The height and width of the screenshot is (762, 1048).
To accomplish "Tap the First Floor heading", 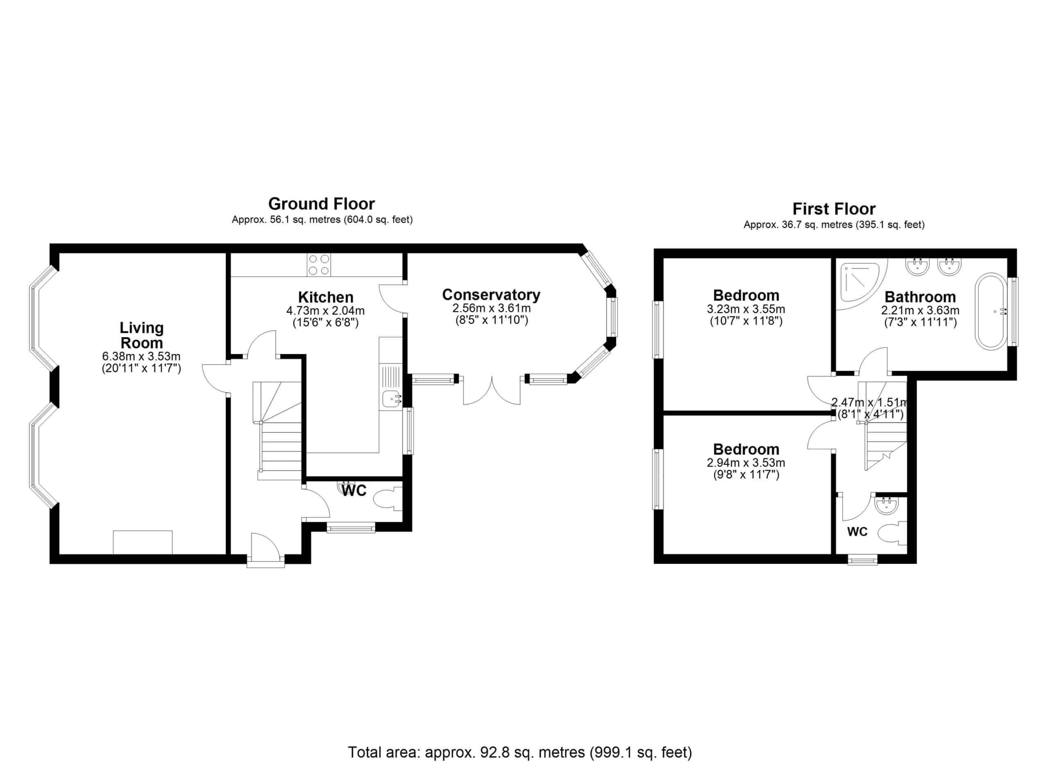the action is coord(833,209).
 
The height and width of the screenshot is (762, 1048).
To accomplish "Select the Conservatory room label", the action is coord(491,295).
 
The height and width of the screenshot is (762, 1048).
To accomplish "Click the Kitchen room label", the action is coord(326,297).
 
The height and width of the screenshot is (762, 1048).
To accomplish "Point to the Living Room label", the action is coord(141,335).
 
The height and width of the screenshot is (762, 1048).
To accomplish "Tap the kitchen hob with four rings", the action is coord(319,265).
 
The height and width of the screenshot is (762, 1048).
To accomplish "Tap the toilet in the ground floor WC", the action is coord(386,500).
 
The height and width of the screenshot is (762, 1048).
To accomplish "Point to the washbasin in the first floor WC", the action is coord(885,505).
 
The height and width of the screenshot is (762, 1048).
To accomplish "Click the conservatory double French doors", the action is coord(492,391).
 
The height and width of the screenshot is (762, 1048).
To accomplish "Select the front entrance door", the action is coord(266,550).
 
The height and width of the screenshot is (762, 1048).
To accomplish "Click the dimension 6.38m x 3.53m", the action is coord(141,356).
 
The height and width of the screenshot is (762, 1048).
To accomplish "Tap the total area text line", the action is coord(520,752).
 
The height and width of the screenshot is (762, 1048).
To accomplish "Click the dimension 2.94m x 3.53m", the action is coord(746,463).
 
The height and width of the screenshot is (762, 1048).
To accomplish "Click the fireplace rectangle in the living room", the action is coord(143,542).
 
